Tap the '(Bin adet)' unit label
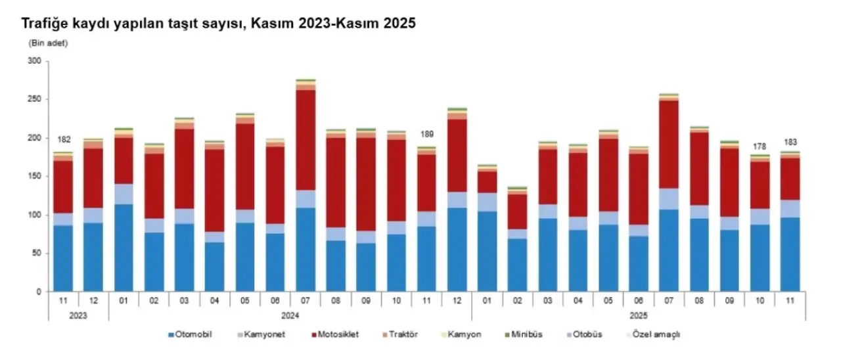(x=48, y=43)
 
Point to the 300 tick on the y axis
(x=34, y=61)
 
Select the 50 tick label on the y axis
(x=36, y=254)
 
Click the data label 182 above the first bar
(x=63, y=140)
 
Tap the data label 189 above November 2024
(x=427, y=134)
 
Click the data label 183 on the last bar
(x=790, y=141)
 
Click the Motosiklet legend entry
(x=336, y=334)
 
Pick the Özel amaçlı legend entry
(x=656, y=334)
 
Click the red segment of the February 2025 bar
(x=518, y=210)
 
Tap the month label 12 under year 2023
(x=93, y=300)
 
